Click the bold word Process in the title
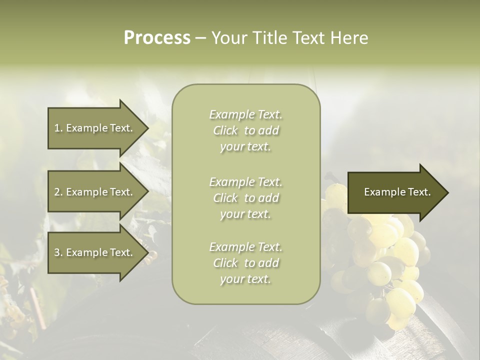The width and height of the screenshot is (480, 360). coord(157,37)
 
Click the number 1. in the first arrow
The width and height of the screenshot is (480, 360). coord(58,128)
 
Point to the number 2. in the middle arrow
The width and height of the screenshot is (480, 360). coord(58,192)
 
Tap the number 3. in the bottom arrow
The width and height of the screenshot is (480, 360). coord(58,252)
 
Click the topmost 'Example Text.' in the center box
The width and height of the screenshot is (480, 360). coord(245,114)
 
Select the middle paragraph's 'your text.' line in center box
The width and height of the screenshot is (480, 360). coord(245,214)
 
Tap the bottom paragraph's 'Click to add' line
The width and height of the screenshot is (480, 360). coord(245,263)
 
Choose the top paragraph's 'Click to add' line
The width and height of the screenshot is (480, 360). coord(245,130)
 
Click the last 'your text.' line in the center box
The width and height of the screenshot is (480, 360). coord(245,279)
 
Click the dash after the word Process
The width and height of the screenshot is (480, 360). coord(200,38)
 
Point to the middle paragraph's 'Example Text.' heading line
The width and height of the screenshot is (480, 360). coord(245,182)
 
